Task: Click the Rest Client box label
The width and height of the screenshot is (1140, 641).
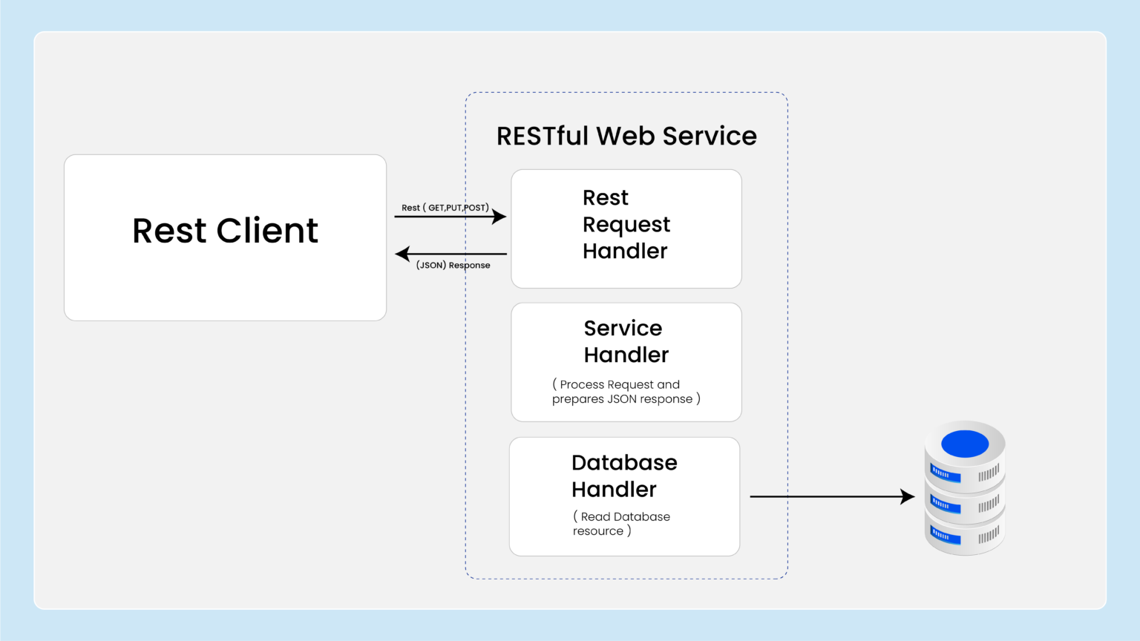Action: [x=225, y=231]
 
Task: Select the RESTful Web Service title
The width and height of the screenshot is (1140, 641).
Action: [x=626, y=137]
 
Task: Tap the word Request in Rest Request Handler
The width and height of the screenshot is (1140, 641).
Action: [x=626, y=225]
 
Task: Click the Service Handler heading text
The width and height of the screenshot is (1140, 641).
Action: [x=626, y=341]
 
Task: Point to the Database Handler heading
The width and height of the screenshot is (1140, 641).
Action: [x=623, y=476]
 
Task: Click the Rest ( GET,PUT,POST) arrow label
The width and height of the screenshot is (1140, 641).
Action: [x=445, y=208]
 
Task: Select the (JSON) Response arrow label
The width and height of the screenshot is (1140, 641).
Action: [x=453, y=265]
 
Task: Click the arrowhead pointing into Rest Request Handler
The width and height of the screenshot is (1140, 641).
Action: [x=499, y=217]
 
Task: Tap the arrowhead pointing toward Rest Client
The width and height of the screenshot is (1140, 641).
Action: [x=403, y=254]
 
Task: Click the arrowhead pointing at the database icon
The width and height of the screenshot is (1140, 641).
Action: [x=907, y=496]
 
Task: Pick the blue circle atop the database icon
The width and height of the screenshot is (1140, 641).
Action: [x=965, y=444]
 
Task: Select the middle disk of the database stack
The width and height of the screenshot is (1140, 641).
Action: [x=965, y=505]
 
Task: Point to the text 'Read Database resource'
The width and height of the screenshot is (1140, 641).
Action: [x=621, y=524]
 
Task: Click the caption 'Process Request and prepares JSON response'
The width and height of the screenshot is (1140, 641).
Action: [x=626, y=392]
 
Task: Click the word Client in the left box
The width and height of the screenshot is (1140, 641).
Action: [x=267, y=231]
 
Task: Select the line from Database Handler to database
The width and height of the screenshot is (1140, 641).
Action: [x=824, y=496]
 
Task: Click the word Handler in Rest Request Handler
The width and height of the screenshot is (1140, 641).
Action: [x=625, y=252]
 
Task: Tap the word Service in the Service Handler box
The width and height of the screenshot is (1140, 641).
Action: [x=623, y=328]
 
